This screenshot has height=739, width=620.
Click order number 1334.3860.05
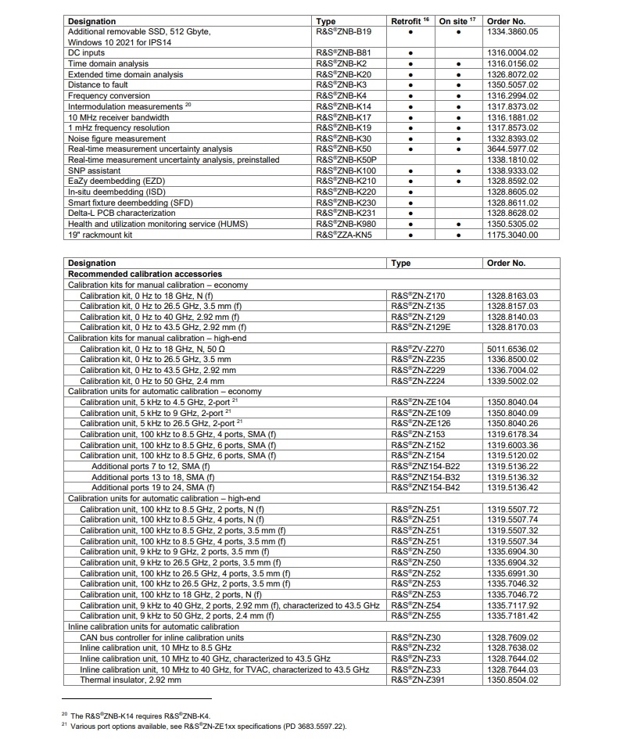pos(512,31)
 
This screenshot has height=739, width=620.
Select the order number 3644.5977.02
pos(512,149)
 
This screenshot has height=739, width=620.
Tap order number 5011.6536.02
pos(512,349)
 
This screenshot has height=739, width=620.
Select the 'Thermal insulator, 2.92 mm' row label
pos(131,680)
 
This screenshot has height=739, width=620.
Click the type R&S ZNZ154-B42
pos(425,487)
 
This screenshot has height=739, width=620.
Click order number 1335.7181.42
pos(512,616)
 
